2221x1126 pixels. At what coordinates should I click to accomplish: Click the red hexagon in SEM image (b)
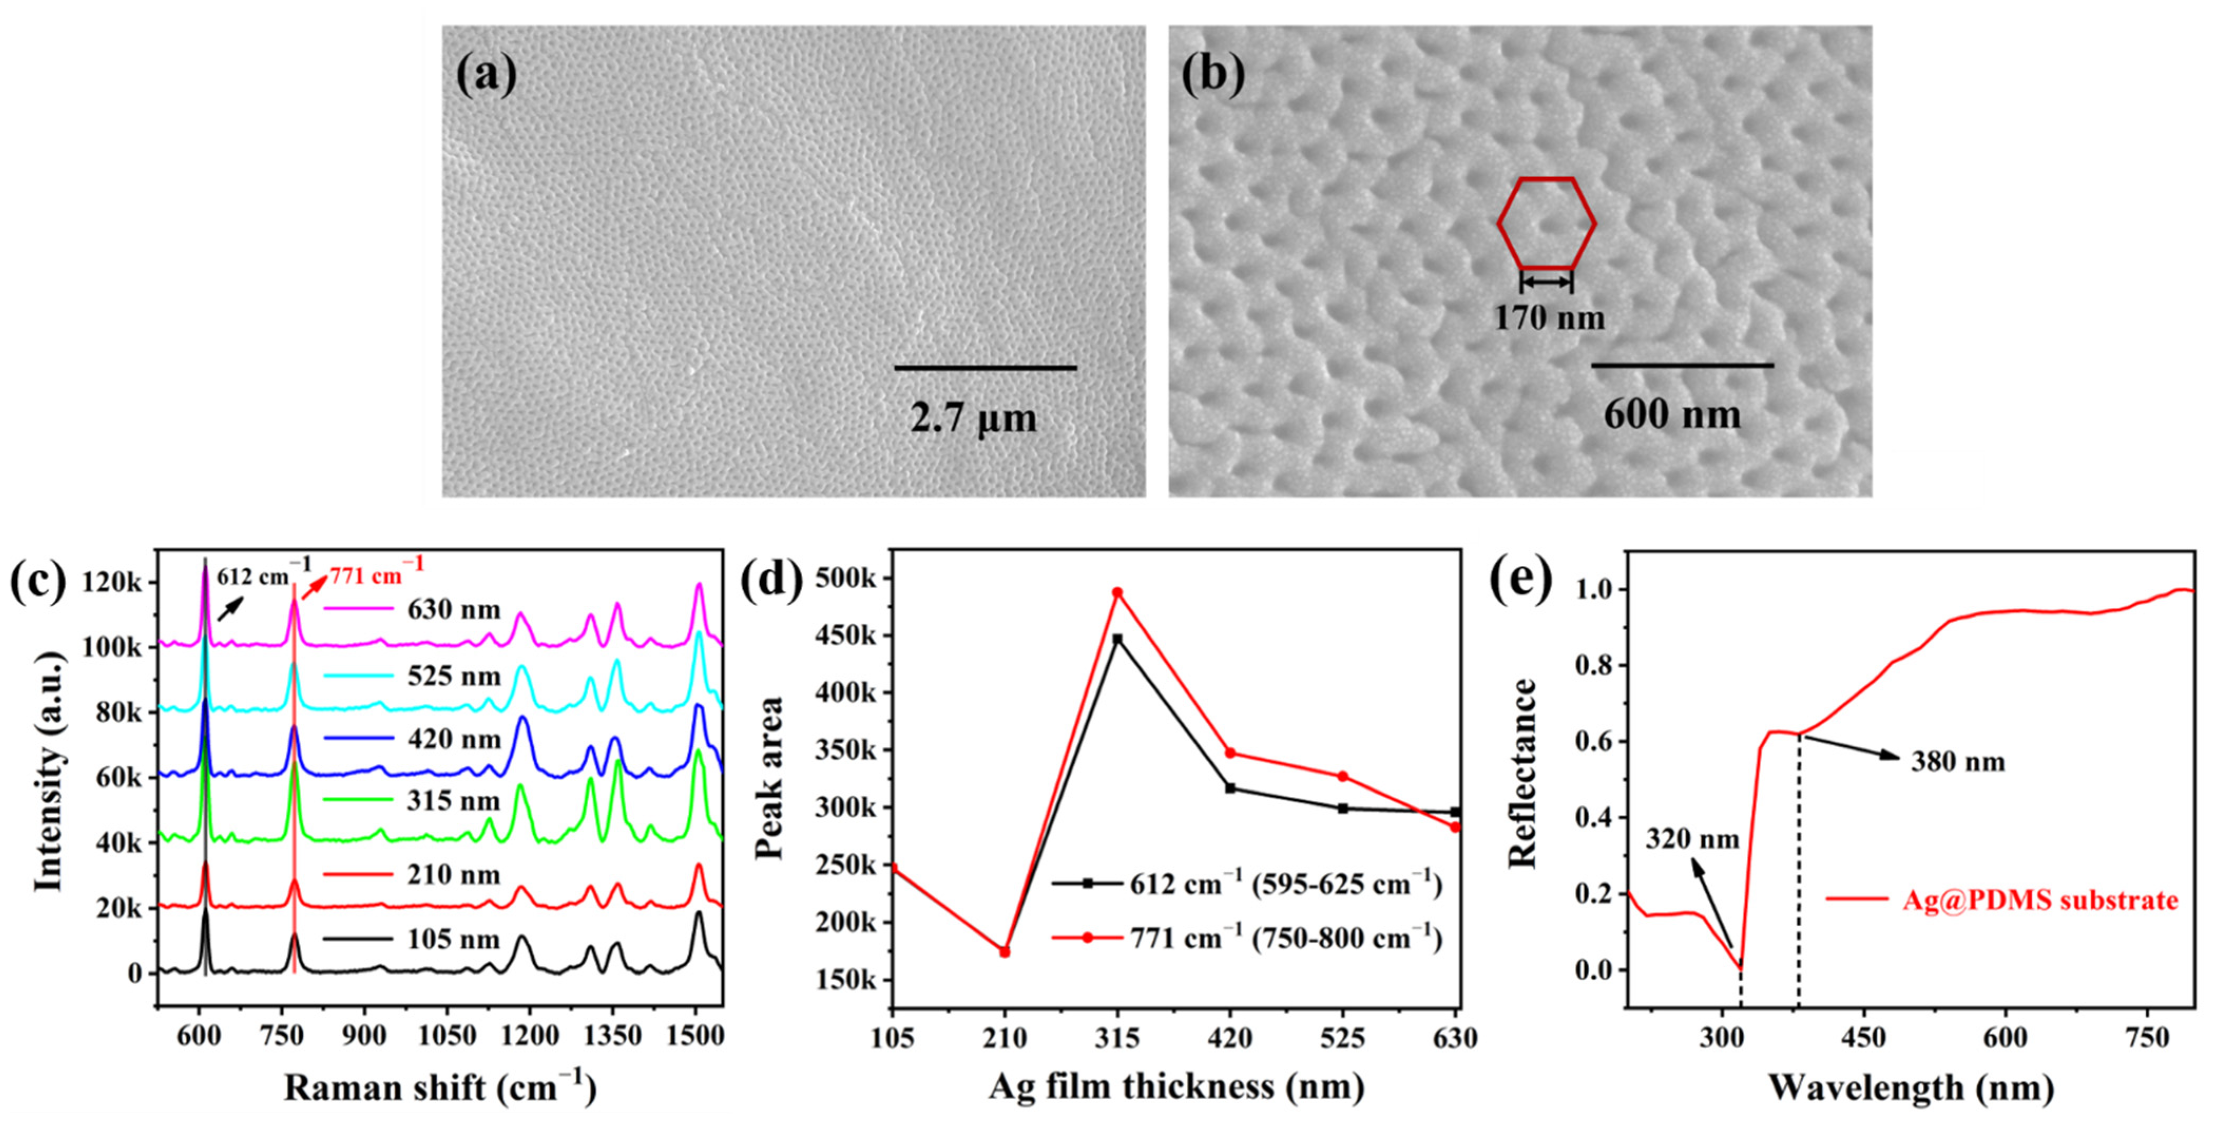[x=1546, y=223]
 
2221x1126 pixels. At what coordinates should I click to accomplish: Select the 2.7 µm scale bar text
[x=974, y=419]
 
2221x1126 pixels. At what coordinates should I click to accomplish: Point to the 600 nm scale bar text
[x=1672, y=415]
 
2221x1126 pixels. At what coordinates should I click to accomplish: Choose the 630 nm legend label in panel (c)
[x=454, y=610]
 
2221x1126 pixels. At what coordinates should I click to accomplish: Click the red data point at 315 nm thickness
[x=1118, y=592]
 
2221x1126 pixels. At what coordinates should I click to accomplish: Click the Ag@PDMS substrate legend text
[x=2040, y=900]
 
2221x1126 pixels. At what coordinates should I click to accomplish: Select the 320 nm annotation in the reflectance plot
[x=1691, y=839]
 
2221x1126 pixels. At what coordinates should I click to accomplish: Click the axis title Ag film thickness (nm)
[x=1176, y=1086]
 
